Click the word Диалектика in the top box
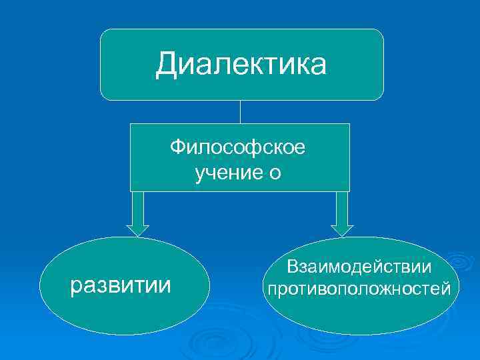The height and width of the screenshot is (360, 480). tap(241, 65)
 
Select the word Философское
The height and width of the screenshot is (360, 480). tap(238, 147)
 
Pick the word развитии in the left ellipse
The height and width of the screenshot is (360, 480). tap(121, 285)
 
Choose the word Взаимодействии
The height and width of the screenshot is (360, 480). tap(359, 267)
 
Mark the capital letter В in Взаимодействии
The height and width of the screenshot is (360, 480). tap(293, 267)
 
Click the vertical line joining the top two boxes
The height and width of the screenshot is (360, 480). tap(240, 111)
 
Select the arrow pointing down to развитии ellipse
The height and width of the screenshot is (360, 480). tap(138, 212)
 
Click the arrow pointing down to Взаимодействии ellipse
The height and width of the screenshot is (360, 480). tap(342, 212)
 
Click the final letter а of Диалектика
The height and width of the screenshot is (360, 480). tap(318, 66)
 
